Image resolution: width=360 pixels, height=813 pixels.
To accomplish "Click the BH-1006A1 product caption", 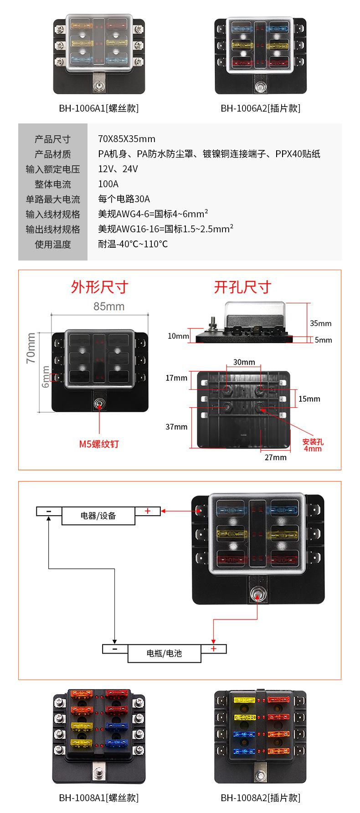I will click(98, 108).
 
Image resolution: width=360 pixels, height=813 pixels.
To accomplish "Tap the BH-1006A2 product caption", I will click(260, 108).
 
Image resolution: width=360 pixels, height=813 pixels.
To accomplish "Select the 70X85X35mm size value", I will click(127, 139).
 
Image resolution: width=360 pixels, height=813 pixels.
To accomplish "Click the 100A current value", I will click(108, 184).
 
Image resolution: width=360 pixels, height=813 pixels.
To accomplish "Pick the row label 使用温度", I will click(53, 244).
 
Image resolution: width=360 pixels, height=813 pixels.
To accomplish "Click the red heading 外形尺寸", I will click(99, 287).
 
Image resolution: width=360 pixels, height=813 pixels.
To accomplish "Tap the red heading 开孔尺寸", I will click(242, 287).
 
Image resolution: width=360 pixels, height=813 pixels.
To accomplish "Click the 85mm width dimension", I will click(109, 307).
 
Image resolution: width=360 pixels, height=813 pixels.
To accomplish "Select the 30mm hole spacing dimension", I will click(244, 362).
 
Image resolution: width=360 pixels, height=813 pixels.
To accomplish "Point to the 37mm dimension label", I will click(176, 427).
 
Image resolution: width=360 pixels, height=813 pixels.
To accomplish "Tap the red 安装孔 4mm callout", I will click(313, 445).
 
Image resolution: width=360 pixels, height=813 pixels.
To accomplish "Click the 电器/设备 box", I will click(98, 516).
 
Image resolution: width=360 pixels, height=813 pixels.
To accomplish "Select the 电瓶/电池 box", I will click(164, 653).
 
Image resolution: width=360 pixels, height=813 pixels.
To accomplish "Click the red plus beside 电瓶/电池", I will click(213, 648).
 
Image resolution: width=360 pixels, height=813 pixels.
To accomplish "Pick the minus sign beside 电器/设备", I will click(49, 511).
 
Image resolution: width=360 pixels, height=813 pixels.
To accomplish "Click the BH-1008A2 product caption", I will click(260, 798).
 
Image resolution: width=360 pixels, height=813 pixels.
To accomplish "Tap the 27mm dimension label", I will click(276, 457).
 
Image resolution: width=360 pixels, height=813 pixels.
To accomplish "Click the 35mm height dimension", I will click(321, 323).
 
